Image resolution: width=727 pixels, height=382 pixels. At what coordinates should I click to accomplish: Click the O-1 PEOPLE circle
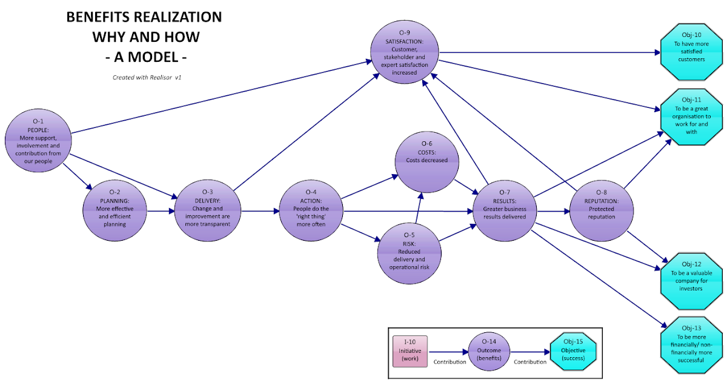tap(39, 141)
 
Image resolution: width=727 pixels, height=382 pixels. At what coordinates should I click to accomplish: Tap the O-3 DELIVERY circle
tap(208, 212)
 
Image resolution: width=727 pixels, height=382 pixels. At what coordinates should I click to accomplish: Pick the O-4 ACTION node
tap(312, 212)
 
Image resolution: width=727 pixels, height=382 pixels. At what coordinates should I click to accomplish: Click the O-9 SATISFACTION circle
tap(404, 53)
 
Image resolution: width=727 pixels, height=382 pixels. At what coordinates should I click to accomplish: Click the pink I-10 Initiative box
tap(410, 351)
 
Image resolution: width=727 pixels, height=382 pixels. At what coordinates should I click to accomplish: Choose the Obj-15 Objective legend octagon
tap(573, 351)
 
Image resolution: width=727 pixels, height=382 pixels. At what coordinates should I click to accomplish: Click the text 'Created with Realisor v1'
tap(143, 77)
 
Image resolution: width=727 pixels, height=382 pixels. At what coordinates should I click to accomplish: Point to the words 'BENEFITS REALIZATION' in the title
tap(144, 18)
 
